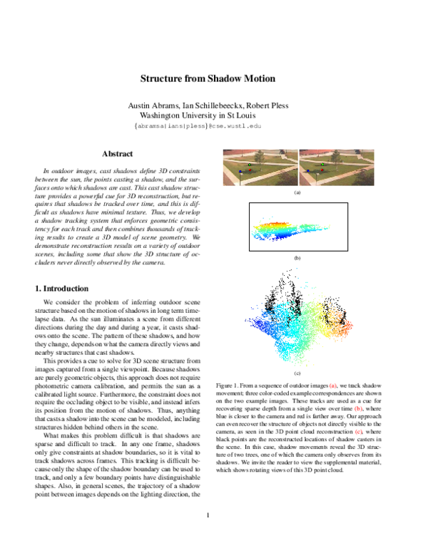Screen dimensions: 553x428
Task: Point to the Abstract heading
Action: [117, 154]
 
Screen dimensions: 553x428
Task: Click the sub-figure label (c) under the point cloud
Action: [297, 373]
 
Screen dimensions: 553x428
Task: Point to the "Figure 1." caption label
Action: [230, 385]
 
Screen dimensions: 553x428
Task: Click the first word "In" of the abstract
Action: [47, 172]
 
